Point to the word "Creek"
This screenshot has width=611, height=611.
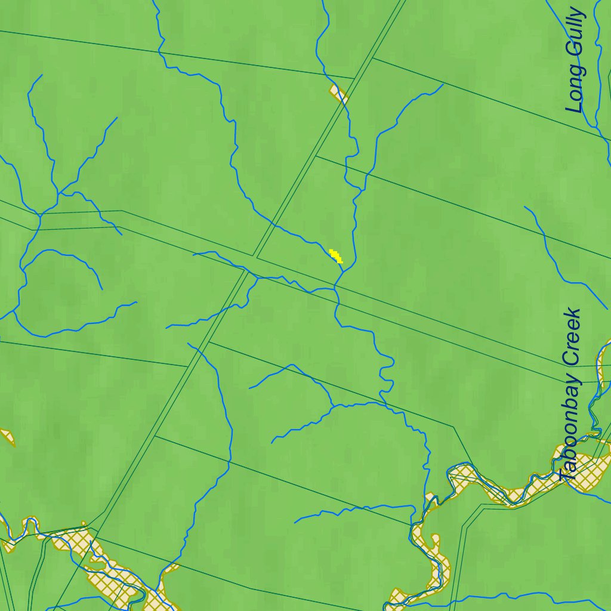tap(571, 337)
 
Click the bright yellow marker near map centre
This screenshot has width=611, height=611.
tap(337, 257)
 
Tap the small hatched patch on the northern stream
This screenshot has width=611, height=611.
tap(338, 93)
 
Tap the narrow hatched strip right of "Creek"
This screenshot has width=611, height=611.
tap(603, 364)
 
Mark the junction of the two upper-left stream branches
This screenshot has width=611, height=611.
tap(58, 192)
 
